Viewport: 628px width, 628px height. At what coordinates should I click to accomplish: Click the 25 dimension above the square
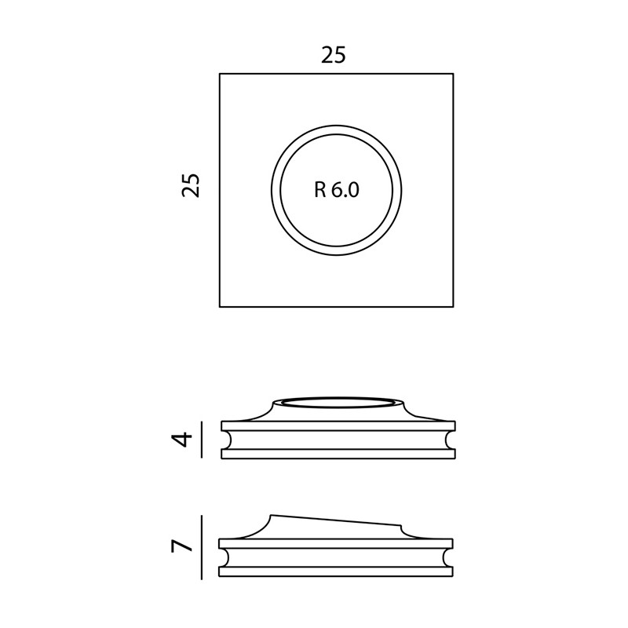point(333,55)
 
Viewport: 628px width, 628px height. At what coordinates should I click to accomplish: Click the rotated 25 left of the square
point(191,185)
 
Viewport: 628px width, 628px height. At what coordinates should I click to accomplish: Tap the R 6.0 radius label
point(337,190)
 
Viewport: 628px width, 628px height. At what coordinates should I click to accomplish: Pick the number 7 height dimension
point(182,546)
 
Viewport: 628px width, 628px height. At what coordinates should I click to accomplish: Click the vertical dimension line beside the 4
point(201,440)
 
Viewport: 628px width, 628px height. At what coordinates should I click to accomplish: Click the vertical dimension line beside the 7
point(201,547)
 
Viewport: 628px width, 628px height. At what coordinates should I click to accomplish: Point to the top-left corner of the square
point(220,74)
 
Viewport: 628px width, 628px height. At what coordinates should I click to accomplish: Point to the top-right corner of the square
point(454,74)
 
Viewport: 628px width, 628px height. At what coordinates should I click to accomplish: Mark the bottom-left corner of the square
point(220,307)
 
